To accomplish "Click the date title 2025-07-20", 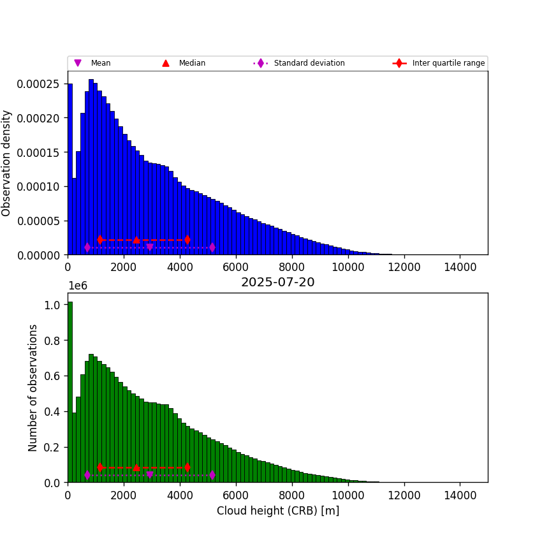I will coord(277,282).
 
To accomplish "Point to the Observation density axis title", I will coord(7,163).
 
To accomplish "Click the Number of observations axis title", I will coord(33,387).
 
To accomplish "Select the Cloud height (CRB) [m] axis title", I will coord(277,511).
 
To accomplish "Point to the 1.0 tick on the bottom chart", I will coord(52,305).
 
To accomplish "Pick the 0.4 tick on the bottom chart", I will coord(52,412).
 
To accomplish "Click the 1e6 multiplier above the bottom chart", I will coord(77,286).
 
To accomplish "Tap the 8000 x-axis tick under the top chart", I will coord(292,266).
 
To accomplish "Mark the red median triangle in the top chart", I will coord(136,240).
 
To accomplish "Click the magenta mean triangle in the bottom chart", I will coord(150,475).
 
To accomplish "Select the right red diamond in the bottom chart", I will coord(187,467).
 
